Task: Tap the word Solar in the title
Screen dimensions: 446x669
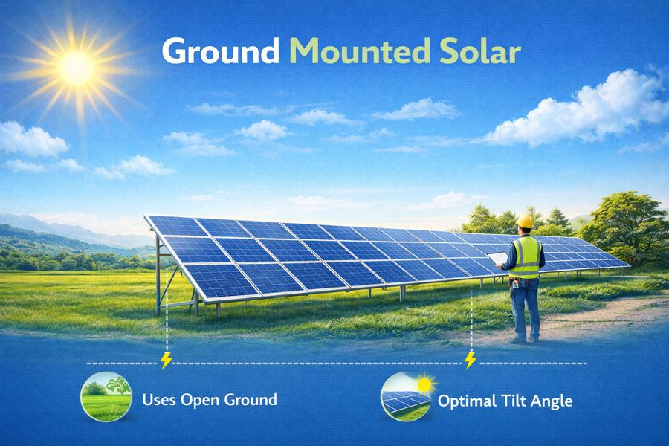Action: (x=479, y=51)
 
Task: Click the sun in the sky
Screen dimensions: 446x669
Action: (x=77, y=67)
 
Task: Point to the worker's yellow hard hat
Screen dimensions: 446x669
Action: (x=526, y=222)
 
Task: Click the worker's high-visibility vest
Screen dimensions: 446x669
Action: (x=526, y=257)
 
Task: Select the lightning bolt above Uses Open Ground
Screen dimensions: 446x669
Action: (x=166, y=361)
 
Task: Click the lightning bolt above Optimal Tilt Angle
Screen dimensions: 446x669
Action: (x=470, y=361)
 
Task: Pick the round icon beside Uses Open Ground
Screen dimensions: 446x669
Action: (x=104, y=397)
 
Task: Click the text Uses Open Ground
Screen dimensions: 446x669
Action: (x=209, y=399)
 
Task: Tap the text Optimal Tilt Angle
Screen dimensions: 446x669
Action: (x=505, y=401)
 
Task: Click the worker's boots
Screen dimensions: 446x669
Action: (x=526, y=339)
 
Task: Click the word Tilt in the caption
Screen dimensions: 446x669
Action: (x=512, y=401)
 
